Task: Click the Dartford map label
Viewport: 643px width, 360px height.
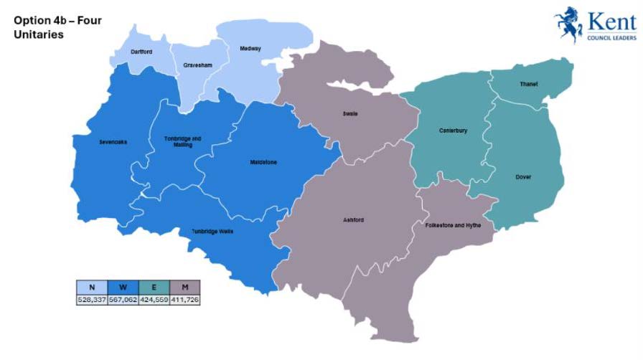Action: (x=143, y=52)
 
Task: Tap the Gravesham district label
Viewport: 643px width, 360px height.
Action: (x=197, y=65)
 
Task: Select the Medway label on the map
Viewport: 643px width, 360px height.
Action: (x=250, y=49)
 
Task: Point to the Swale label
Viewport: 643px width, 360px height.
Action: (x=350, y=113)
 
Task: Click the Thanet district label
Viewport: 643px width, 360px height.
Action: (x=528, y=84)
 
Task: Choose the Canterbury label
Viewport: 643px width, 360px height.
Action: (x=453, y=131)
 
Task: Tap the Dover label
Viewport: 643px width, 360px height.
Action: (x=523, y=176)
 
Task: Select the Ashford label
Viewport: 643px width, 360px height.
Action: (x=354, y=219)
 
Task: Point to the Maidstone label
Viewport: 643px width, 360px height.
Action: (x=262, y=162)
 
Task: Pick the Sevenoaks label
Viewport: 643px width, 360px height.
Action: (x=113, y=141)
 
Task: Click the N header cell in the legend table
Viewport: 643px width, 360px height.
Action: (x=92, y=288)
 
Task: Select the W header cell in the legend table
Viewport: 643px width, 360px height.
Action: (x=123, y=288)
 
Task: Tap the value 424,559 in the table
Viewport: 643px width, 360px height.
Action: (x=154, y=300)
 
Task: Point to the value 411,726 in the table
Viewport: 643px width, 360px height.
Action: (x=184, y=300)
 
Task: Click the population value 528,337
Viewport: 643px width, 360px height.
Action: (x=92, y=300)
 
